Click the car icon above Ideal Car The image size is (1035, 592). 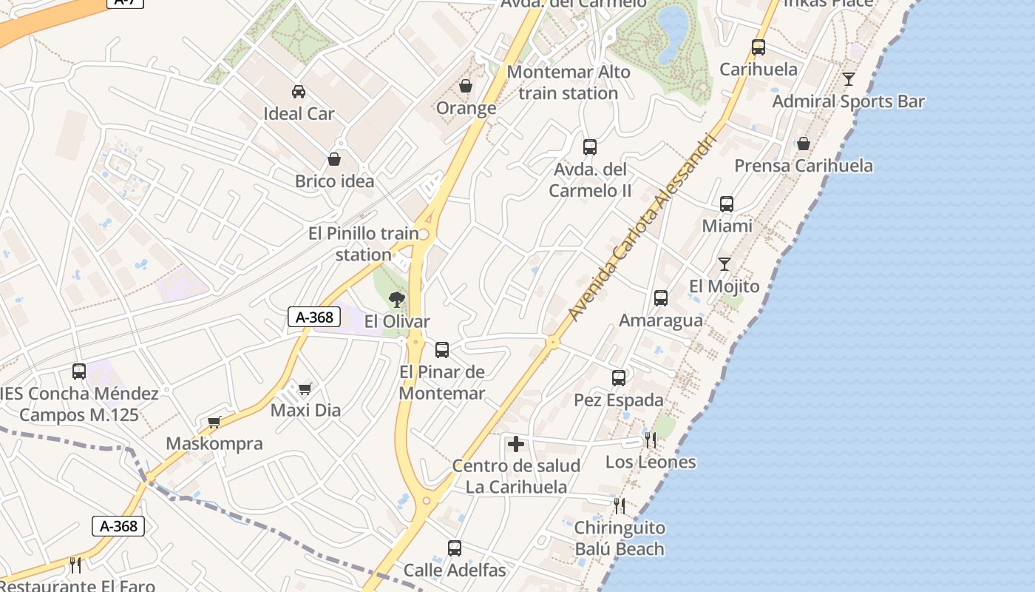point(299,92)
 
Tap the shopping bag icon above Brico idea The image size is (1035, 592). point(334,159)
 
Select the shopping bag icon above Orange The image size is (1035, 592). point(466,87)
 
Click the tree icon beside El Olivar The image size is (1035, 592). point(397,300)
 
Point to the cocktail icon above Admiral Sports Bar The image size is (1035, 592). point(849,78)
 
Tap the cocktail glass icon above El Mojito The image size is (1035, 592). point(724,264)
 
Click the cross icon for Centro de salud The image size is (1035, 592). point(516,444)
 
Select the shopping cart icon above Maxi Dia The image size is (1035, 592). point(305,388)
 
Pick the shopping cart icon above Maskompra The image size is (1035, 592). point(214,422)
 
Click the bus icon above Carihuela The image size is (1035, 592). point(759,47)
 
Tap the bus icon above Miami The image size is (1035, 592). point(727,204)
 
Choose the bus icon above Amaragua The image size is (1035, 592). point(661,298)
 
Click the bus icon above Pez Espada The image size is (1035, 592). point(619,378)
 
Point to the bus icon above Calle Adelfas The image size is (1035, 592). point(455,548)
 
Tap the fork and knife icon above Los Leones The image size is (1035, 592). point(651,440)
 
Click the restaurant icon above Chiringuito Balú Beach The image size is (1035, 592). point(620,506)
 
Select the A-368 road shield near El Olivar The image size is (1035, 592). point(314,317)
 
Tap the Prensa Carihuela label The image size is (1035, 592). point(804,166)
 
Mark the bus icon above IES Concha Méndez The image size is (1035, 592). point(79,371)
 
